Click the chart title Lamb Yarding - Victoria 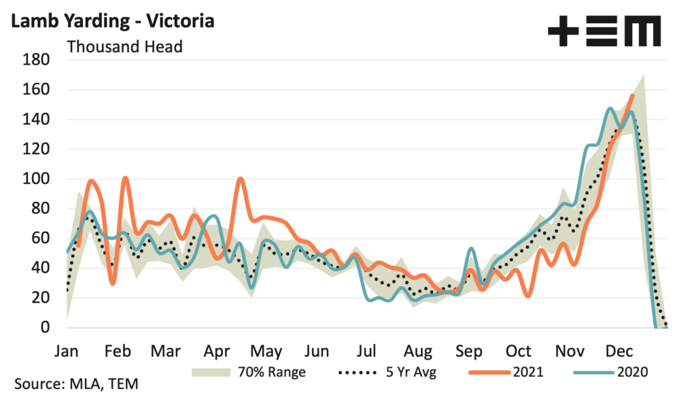tap(113, 20)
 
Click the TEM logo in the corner tap(604, 31)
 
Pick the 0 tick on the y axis tap(45, 328)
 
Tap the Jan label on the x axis tap(67, 351)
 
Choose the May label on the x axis tap(266, 351)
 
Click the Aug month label tap(417, 351)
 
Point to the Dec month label tap(619, 351)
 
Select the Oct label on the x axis tap(519, 351)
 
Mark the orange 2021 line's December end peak tap(633, 95)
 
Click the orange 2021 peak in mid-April tap(241, 179)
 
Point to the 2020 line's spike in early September tap(471, 249)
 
